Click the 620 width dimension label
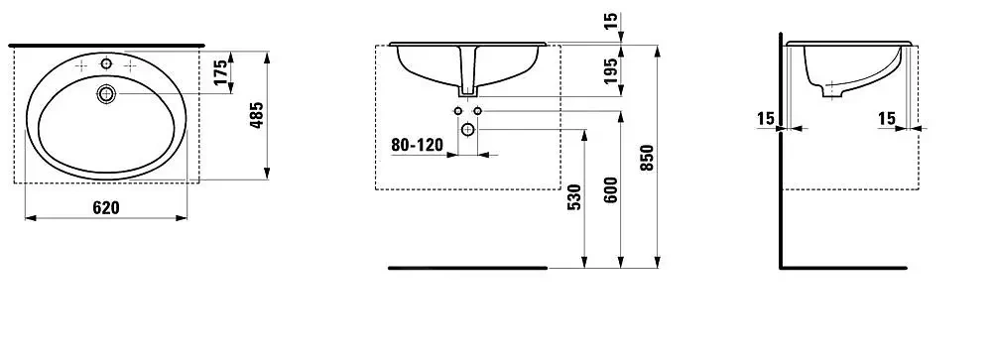[106, 207]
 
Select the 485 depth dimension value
[256, 116]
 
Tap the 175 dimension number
[221, 72]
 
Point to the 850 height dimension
[646, 158]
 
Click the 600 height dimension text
[610, 189]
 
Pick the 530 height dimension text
[573, 197]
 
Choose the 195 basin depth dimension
[610, 70]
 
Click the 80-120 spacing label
[417, 145]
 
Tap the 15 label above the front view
[610, 21]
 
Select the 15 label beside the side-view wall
[765, 118]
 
